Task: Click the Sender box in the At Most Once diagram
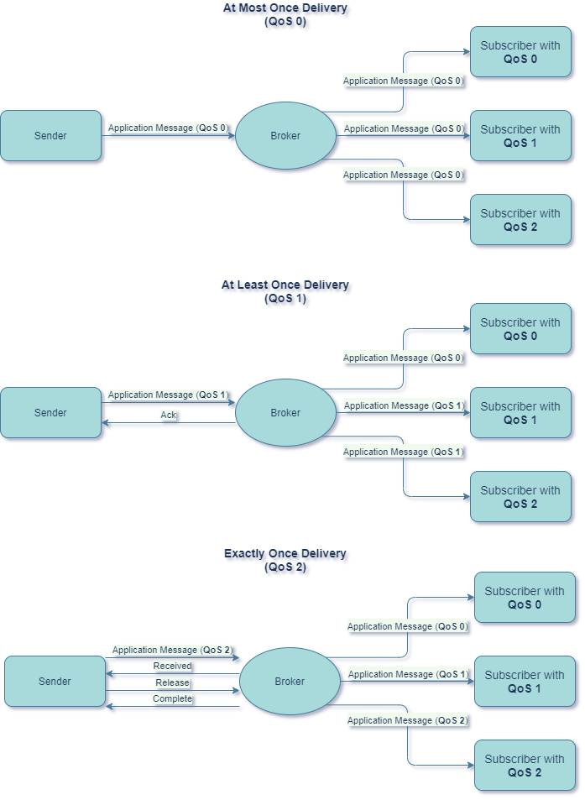pyautogui.click(x=50, y=136)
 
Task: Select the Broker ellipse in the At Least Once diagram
pyautogui.click(x=285, y=413)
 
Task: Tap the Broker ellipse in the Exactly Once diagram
pyautogui.click(x=290, y=682)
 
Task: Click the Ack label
pyautogui.click(x=169, y=415)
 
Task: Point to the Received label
pyautogui.click(x=172, y=666)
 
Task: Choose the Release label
pyautogui.click(x=172, y=682)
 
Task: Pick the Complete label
pyautogui.click(x=172, y=698)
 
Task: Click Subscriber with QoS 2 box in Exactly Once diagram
pyautogui.click(x=525, y=766)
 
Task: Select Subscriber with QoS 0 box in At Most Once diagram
pyautogui.click(x=520, y=52)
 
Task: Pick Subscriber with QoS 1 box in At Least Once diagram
pyautogui.click(x=520, y=413)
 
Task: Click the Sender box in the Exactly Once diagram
pyautogui.click(x=55, y=682)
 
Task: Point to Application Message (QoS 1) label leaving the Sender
pyautogui.click(x=168, y=395)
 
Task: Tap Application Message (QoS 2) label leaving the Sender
pyautogui.click(x=172, y=650)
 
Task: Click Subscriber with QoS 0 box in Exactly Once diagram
pyautogui.click(x=525, y=598)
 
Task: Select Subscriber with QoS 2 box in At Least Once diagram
pyautogui.click(x=520, y=497)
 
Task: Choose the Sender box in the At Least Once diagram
pyautogui.click(x=50, y=413)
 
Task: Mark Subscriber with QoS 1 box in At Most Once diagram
pyautogui.click(x=520, y=136)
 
